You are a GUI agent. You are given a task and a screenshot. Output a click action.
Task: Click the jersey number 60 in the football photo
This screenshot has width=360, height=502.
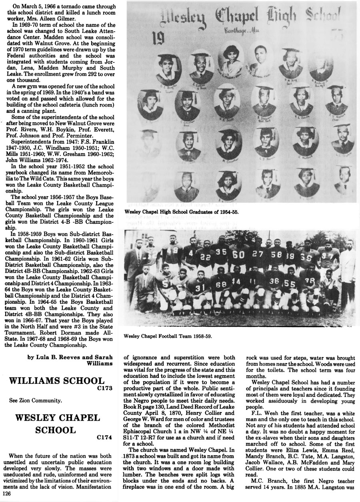[x=238, y=255]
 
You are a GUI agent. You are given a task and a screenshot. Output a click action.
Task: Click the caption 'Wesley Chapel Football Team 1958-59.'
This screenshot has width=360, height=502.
[x=168, y=336]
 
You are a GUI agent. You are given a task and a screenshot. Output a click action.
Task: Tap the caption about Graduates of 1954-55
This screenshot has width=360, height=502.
[x=182, y=212]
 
